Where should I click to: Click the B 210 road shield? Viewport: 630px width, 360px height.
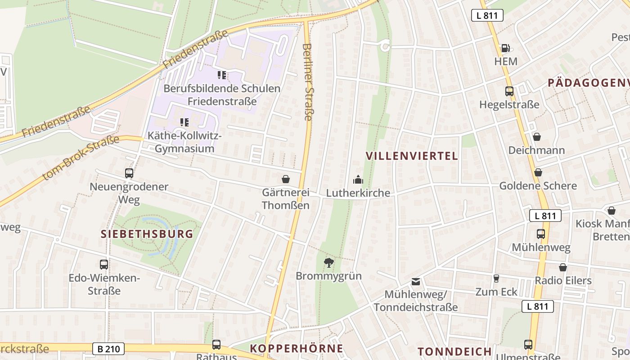108,348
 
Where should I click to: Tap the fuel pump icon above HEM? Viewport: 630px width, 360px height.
505,48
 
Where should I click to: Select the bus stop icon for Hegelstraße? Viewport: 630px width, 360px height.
509,91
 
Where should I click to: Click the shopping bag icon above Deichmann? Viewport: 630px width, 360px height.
536,137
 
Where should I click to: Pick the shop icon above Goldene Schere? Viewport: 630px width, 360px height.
538,172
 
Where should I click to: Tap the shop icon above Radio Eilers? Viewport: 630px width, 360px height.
562,267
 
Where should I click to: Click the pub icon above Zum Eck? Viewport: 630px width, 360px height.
496,279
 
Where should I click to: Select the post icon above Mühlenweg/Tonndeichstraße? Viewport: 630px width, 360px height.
416,282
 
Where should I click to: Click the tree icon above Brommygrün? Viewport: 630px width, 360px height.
329,262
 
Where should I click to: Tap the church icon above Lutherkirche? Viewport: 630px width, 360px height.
358,180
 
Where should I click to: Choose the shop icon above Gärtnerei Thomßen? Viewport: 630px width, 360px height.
285,179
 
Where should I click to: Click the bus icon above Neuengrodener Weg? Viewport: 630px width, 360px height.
129,173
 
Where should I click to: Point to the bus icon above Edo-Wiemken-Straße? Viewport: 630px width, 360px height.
104,265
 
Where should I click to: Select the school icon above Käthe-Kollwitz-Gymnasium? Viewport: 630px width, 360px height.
184,122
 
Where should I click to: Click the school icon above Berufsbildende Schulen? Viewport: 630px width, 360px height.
222,75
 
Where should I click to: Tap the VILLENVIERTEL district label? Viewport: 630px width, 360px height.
412,156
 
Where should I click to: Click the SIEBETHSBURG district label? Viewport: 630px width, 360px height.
147,234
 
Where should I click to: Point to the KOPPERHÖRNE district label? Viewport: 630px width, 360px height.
297,348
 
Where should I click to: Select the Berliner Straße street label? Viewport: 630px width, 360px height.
308,82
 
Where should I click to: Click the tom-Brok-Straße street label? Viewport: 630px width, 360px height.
81,157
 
